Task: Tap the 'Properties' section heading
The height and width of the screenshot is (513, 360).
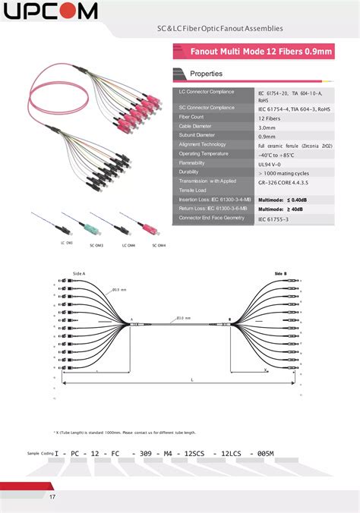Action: coord(206,74)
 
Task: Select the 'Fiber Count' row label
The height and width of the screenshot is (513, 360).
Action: coord(191,117)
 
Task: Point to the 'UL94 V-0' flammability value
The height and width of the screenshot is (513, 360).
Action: coord(270,163)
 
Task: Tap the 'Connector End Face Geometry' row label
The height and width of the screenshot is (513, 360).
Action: coord(212,217)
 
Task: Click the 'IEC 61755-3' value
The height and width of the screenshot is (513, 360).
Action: coord(273,219)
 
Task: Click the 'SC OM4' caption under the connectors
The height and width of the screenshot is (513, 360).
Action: coord(158,245)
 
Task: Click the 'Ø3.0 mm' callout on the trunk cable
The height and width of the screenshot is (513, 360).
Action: coord(183,318)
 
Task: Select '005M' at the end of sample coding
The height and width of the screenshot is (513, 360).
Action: coord(266,453)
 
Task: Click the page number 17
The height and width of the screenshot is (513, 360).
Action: coord(52,497)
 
